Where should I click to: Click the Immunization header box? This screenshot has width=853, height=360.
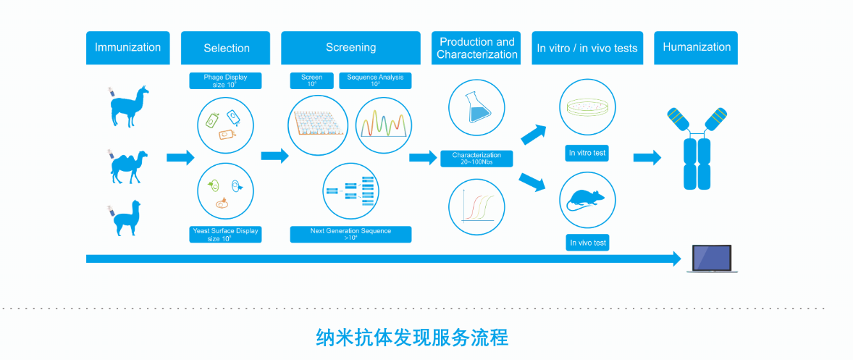[128, 48]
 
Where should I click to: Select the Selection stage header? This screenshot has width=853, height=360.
[227, 48]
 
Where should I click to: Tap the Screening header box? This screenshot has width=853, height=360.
[350, 48]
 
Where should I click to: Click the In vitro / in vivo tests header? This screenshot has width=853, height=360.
[587, 48]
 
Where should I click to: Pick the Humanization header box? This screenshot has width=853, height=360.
[697, 48]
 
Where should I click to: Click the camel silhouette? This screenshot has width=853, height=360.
[129, 166]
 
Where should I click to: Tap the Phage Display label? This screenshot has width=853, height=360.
[224, 80]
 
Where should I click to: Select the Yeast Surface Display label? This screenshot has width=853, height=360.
[224, 235]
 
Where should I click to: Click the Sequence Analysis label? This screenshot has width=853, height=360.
[375, 80]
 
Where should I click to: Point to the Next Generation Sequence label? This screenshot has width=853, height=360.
[350, 235]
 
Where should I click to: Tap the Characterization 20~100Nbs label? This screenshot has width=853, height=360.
[476, 159]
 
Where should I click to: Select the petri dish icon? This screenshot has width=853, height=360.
[587, 109]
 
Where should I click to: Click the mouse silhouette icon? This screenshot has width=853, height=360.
[587, 198]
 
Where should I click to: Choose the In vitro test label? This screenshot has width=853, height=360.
[587, 154]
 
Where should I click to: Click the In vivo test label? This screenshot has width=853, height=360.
[587, 243]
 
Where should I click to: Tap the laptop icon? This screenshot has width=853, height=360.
[712, 259]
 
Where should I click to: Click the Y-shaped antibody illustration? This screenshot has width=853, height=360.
[696, 148]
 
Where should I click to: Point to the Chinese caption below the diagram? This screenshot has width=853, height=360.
[413, 338]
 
